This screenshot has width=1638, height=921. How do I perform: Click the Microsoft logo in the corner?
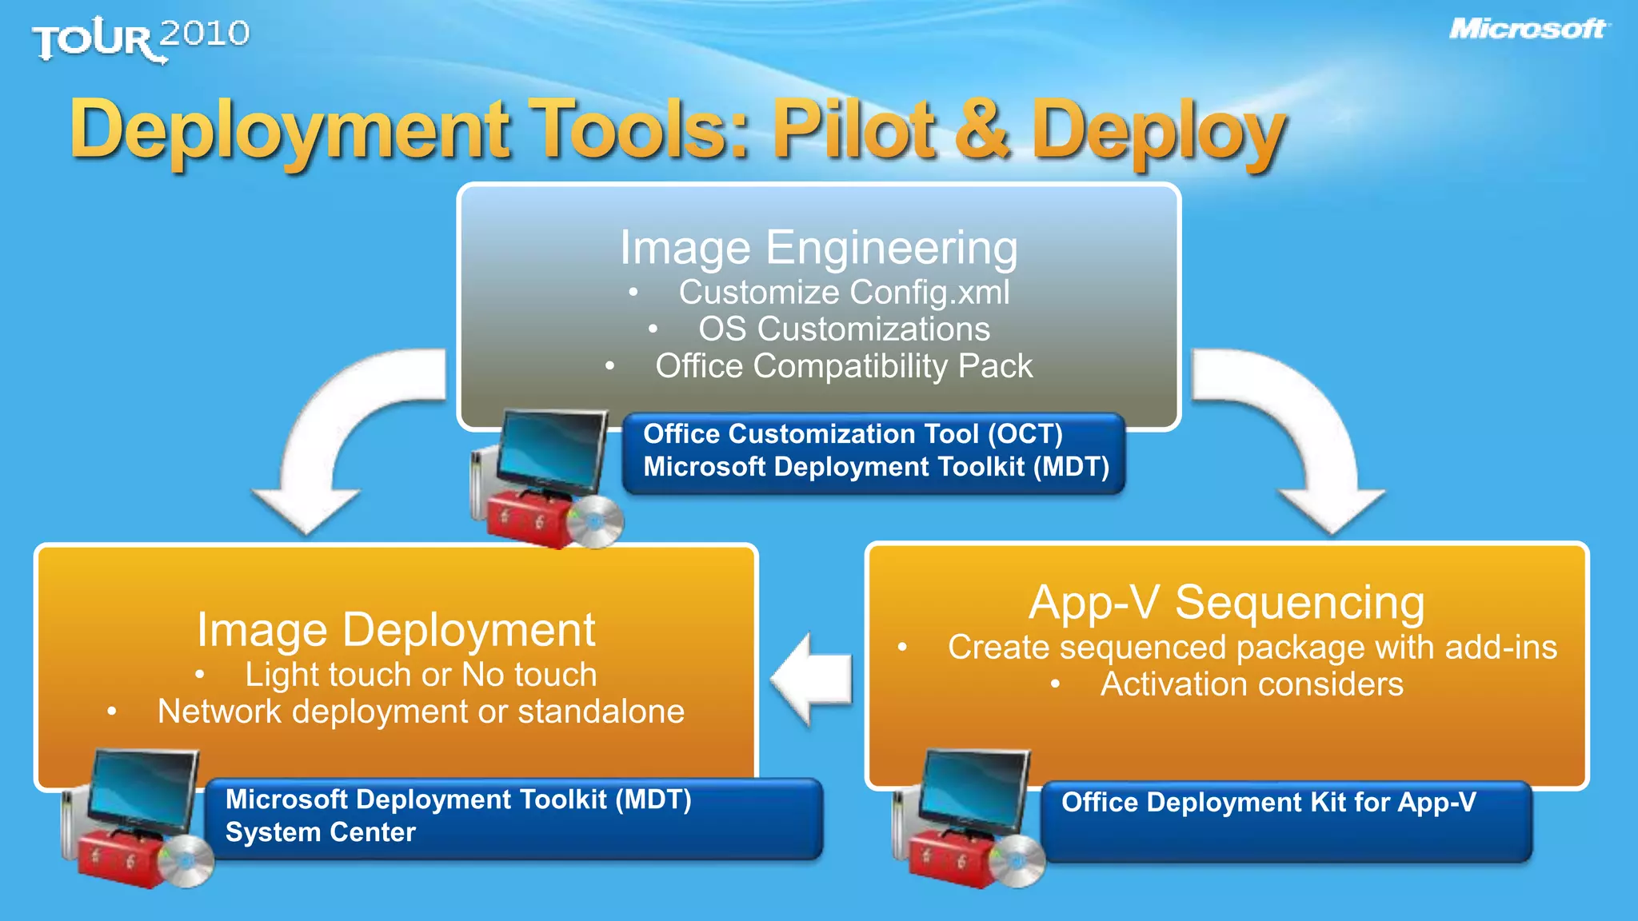click(x=1528, y=30)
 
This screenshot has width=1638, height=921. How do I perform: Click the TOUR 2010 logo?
click(x=141, y=39)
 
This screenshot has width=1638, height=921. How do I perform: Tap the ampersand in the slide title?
click(x=982, y=128)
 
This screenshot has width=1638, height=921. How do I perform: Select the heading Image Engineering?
click(x=819, y=247)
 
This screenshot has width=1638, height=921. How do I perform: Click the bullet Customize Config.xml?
click(x=844, y=292)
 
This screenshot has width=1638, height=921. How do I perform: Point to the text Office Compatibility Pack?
click(x=844, y=366)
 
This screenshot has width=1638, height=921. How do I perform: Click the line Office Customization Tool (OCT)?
click(x=853, y=434)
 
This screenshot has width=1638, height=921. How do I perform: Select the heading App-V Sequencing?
click(x=1226, y=602)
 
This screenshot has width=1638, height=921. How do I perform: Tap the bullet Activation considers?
click(x=1251, y=684)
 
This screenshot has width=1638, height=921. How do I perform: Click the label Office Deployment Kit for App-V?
click(x=1268, y=802)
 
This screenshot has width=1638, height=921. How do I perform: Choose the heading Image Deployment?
click(x=396, y=630)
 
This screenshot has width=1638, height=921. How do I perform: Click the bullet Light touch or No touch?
click(x=421, y=675)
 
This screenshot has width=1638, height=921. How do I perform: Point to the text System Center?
click(x=321, y=832)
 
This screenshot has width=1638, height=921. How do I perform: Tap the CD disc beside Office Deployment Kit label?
click(x=1018, y=861)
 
